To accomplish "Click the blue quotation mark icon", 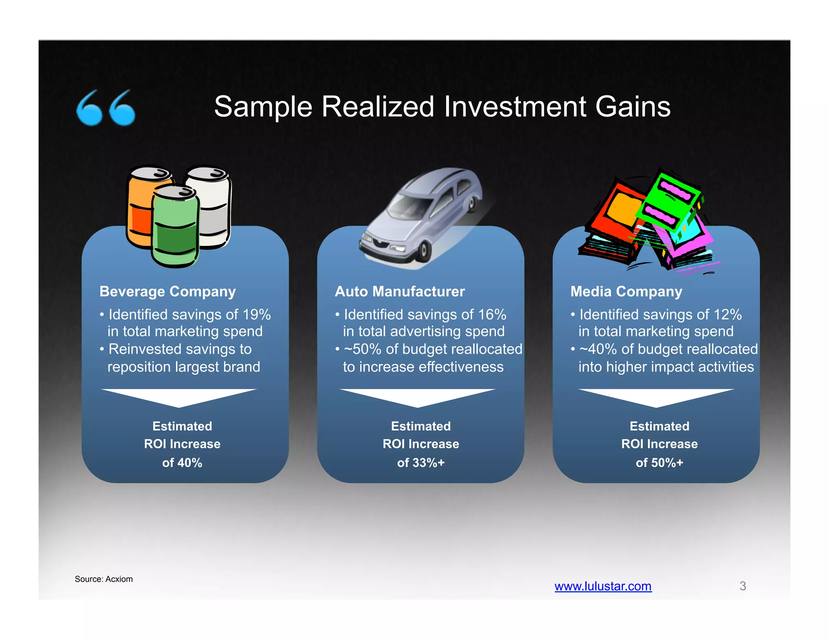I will click(106, 108).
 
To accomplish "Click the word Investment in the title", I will click(515, 107).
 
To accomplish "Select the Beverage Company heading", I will click(168, 291).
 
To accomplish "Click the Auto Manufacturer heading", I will click(400, 291).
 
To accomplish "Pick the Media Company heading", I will click(626, 291).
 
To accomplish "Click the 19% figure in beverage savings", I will click(257, 314).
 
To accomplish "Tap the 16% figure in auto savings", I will click(492, 314).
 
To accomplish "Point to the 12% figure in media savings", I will click(727, 314).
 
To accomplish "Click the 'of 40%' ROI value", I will click(182, 462).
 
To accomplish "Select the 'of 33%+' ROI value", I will click(421, 462).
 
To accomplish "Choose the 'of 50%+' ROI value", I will click(659, 462).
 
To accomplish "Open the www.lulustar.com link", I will click(603, 586).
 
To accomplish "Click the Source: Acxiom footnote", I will click(104, 579).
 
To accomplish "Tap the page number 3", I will click(742, 586).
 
